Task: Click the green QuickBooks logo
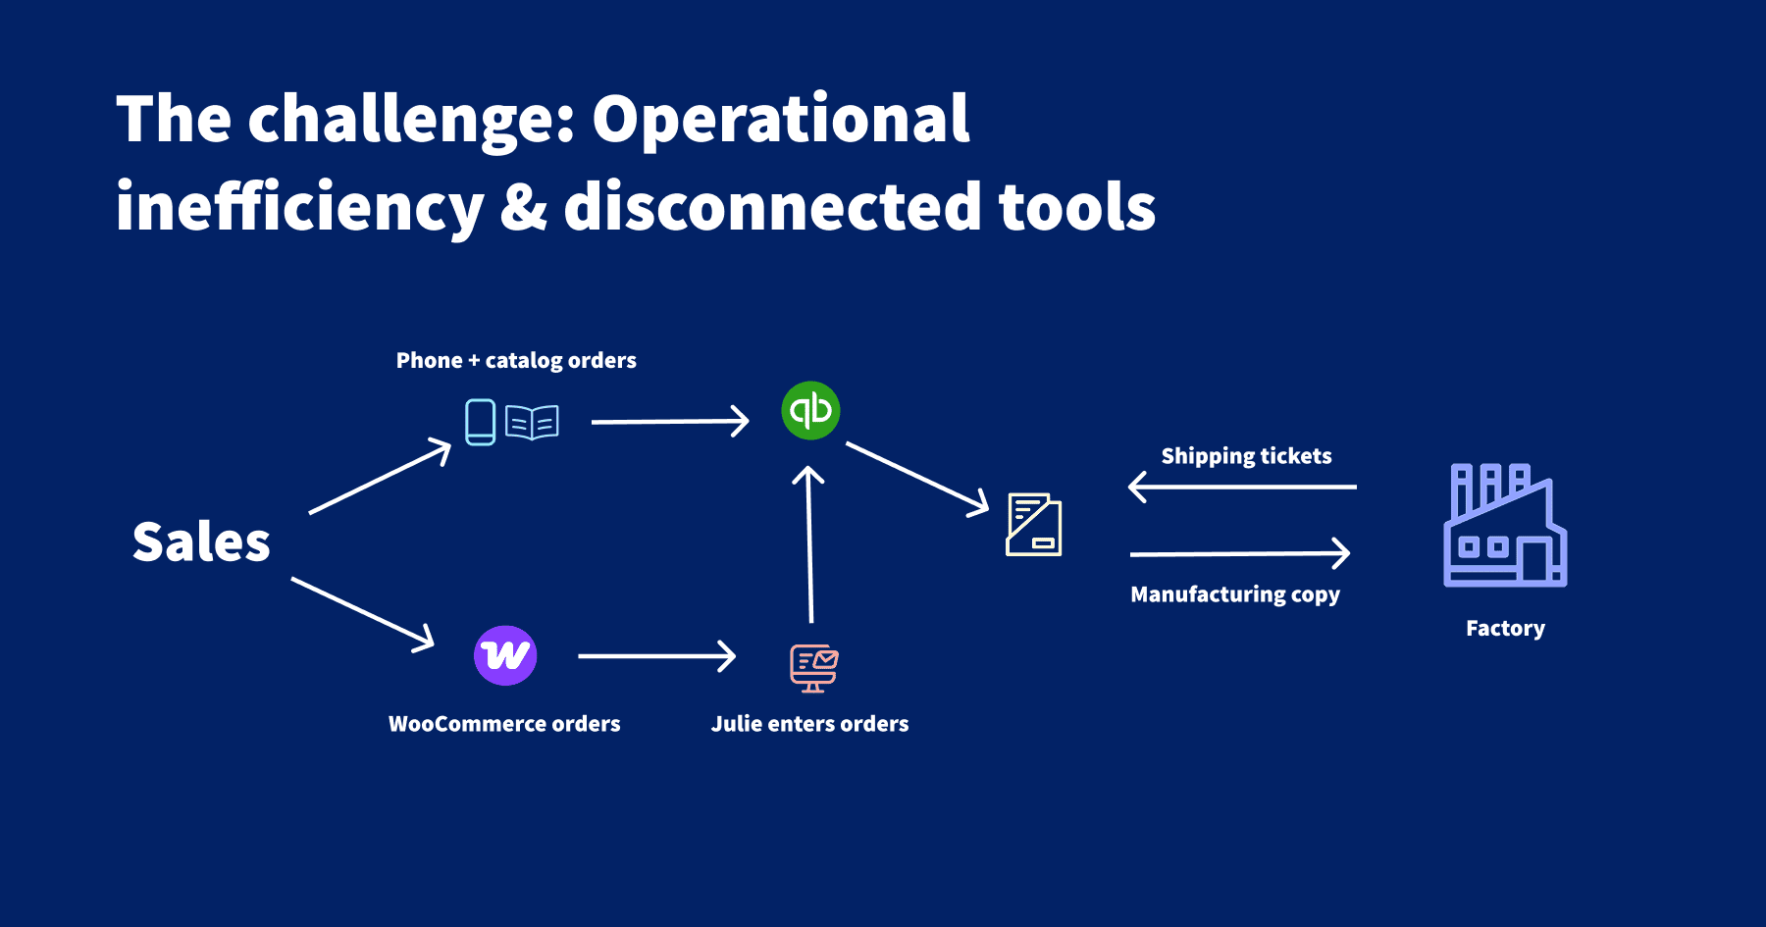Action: pyautogui.click(x=810, y=410)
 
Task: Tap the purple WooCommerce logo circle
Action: pyautogui.click(x=505, y=655)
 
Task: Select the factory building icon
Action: pyautogui.click(x=1505, y=526)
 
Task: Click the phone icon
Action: pyautogui.click(x=480, y=422)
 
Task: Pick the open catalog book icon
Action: pyautogui.click(x=532, y=423)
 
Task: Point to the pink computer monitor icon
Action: pyautogui.click(x=813, y=668)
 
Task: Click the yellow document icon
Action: pyautogui.click(x=1034, y=525)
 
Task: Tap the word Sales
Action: pyautogui.click(x=201, y=542)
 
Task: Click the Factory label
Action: pyautogui.click(x=1505, y=629)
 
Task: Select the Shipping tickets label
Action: pyautogui.click(x=1246, y=456)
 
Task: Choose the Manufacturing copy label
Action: pyautogui.click(x=1234, y=594)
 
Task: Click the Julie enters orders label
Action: pyautogui.click(x=809, y=724)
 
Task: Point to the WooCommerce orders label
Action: pyautogui.click(x=504, y=724)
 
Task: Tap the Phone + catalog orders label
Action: pyautogui.click(x=516, y=361)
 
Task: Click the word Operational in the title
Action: pyautogui.click(x=780, y=120)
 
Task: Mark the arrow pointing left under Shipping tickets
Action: pyautogui.click(x=1242, y=487)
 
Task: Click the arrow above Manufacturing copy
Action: pyautogui.click(x=1240, y=554)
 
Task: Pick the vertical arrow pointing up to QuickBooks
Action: pyautogui.click(x=809, y=544)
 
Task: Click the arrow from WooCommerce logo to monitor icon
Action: pyautogui.click(x=656, y=655)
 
